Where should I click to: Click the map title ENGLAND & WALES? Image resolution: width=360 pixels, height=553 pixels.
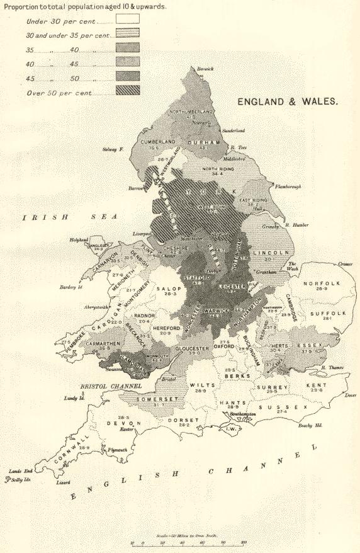(x=288, y=101)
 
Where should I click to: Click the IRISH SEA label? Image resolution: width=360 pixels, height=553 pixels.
(x=69, y=217)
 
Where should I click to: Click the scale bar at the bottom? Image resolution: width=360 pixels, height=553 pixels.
(x=189, y=541)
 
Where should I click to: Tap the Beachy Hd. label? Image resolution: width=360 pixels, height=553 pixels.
(x=310, y=426)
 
